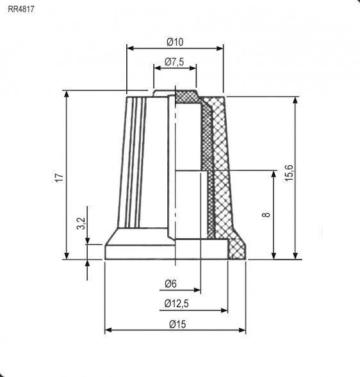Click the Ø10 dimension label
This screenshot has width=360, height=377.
point(175,42)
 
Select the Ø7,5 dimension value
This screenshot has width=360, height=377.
point(175,61)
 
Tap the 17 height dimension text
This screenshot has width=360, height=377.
point(58,178)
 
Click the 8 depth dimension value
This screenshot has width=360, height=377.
point(266,216)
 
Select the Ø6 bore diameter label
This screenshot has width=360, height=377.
point(170,284)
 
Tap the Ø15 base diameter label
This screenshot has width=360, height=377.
point(177,324)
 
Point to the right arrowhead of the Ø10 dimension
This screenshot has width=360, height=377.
point(219,47)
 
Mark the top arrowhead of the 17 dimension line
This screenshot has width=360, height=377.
point(66,94)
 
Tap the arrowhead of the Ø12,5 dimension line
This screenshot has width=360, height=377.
point(224,310)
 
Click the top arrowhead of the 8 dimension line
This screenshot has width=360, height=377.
point(274,175)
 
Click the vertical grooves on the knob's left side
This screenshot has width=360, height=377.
point(135,160)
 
